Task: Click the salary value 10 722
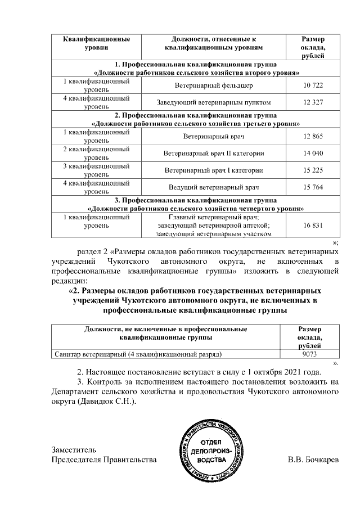coord(313,85)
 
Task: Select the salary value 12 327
coord(313,102)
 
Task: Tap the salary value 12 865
coord(313,136)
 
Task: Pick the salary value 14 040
coord(313,153)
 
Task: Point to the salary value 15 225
coord(313,170)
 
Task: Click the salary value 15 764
coord(313,187)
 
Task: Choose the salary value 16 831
coord(313,224)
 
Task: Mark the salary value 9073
coord(310,354)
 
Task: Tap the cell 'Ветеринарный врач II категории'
coord(214,153)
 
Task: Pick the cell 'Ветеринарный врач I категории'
coord(214,170)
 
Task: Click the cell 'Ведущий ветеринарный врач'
coord(214,187)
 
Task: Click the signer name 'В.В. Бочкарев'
coord(313,461)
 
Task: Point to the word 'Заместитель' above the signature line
coord(70,449)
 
